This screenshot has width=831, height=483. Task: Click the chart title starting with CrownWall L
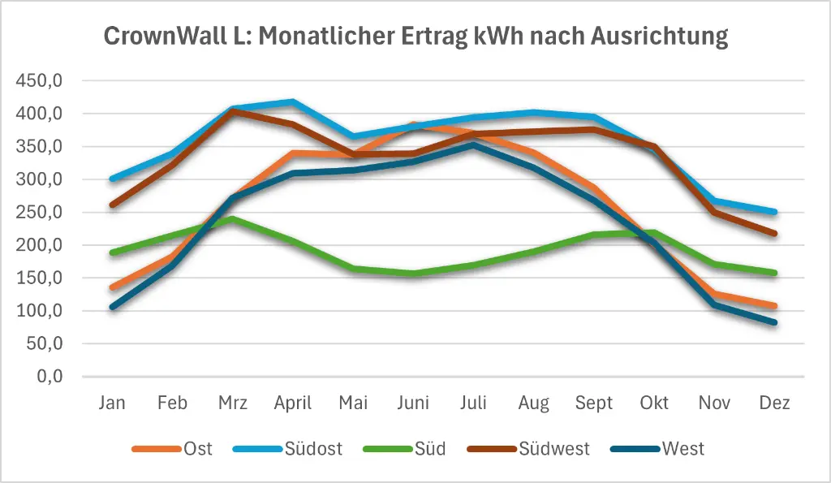tap(415, 37)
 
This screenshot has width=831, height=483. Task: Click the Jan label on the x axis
tap(112, 403)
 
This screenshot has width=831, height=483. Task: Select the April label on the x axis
tap(293, 403)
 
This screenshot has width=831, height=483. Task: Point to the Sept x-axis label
tap(594, 403)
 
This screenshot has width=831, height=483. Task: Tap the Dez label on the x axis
tap(775, 403)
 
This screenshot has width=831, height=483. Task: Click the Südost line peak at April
tap(293, 101)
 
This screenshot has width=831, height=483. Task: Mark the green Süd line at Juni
tap(413, 274)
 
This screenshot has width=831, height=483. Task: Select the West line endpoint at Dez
tap(775, 322)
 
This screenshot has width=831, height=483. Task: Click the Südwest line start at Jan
tap(112, 205)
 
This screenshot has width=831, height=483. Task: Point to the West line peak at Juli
tap(473, 144)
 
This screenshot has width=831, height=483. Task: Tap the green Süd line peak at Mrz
tap(233, 218)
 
